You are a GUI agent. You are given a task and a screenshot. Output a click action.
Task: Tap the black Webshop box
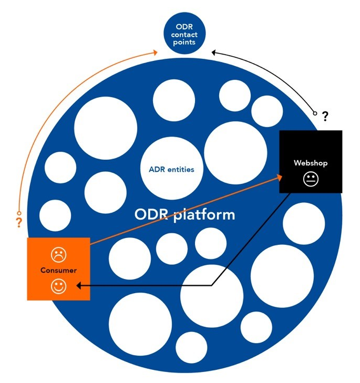[x=311, y=162]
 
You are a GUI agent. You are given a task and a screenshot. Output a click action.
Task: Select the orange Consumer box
[x=58, y=269]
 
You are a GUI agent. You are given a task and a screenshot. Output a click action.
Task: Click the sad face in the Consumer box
[x=58, y=255]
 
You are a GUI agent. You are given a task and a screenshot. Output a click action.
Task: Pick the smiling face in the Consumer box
[x=58, y=286]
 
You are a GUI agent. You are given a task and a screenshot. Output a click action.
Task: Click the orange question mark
[x=19, y=222]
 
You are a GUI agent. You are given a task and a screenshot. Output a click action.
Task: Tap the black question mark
[x=325, y=115]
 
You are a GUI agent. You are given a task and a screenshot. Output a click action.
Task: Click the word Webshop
[x=311, y=163]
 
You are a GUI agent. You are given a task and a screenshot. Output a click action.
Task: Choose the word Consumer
[x=58, y=271]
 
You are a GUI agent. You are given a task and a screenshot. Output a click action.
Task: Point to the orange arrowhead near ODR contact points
[x=156, y=51]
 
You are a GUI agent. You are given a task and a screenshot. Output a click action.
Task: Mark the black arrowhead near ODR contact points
[x=214, y=52]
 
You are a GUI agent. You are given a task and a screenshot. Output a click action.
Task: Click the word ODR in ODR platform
[x=152, y=215]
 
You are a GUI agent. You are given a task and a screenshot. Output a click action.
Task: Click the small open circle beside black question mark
[x=315, y=112]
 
